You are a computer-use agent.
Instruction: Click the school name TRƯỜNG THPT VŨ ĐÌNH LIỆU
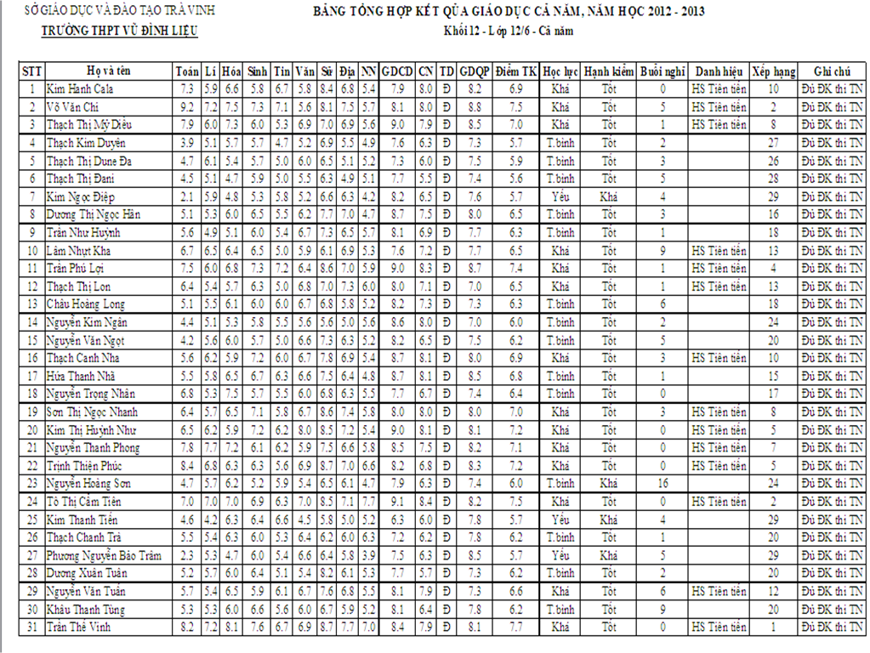[x=120, y=31]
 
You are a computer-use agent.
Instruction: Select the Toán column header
[x=186, y=71]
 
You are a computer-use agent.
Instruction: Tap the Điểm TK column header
[x=515, y=71]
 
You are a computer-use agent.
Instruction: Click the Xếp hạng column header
[x=773, y=71]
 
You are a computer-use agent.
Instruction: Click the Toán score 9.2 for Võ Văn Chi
[x=187, y=106]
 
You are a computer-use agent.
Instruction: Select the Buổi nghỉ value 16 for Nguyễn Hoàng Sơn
[x=662, y=483]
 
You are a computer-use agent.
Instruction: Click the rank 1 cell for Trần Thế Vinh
[x=773, y=627]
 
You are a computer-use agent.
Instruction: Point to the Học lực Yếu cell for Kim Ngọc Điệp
[x=559, y=196]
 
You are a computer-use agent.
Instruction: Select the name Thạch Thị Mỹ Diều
[x=89, y=124]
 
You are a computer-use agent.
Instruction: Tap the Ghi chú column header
[x=831, y=71]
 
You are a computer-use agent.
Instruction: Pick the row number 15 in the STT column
[x=32, y=340]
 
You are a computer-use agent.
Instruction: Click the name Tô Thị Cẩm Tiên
[x=84, y=501]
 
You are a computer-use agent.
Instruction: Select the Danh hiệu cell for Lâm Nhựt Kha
[x=719, y=251]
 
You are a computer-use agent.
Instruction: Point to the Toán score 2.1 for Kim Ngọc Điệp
[x=187, y=196]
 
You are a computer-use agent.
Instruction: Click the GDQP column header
[x=475, y=71]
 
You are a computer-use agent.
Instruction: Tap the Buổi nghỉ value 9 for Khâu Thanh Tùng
[x=662, y=609]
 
